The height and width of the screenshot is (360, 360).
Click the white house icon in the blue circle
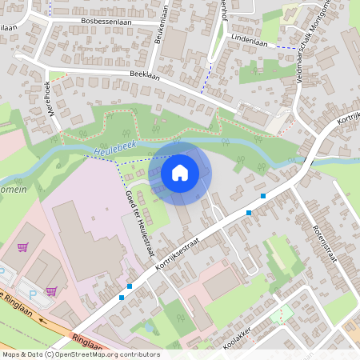pyautogui.click(x=180, y=173)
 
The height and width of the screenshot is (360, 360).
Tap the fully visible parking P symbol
pyautogui.click(x=33, y=294)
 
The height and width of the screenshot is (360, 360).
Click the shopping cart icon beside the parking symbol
pyautogui.click(x=52, y=291)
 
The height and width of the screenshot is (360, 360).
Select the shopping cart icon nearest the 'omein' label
pyautogui.click(x=22, y=247)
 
